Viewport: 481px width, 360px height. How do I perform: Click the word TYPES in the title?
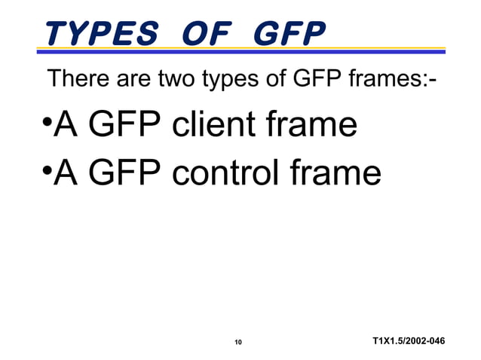point(100,32)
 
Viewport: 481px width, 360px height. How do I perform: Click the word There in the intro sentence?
point(75,78)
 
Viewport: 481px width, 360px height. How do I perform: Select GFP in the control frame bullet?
point(125,175)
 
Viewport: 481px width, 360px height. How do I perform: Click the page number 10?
point(237,343)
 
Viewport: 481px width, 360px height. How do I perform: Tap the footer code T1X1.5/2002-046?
point(408,343)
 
